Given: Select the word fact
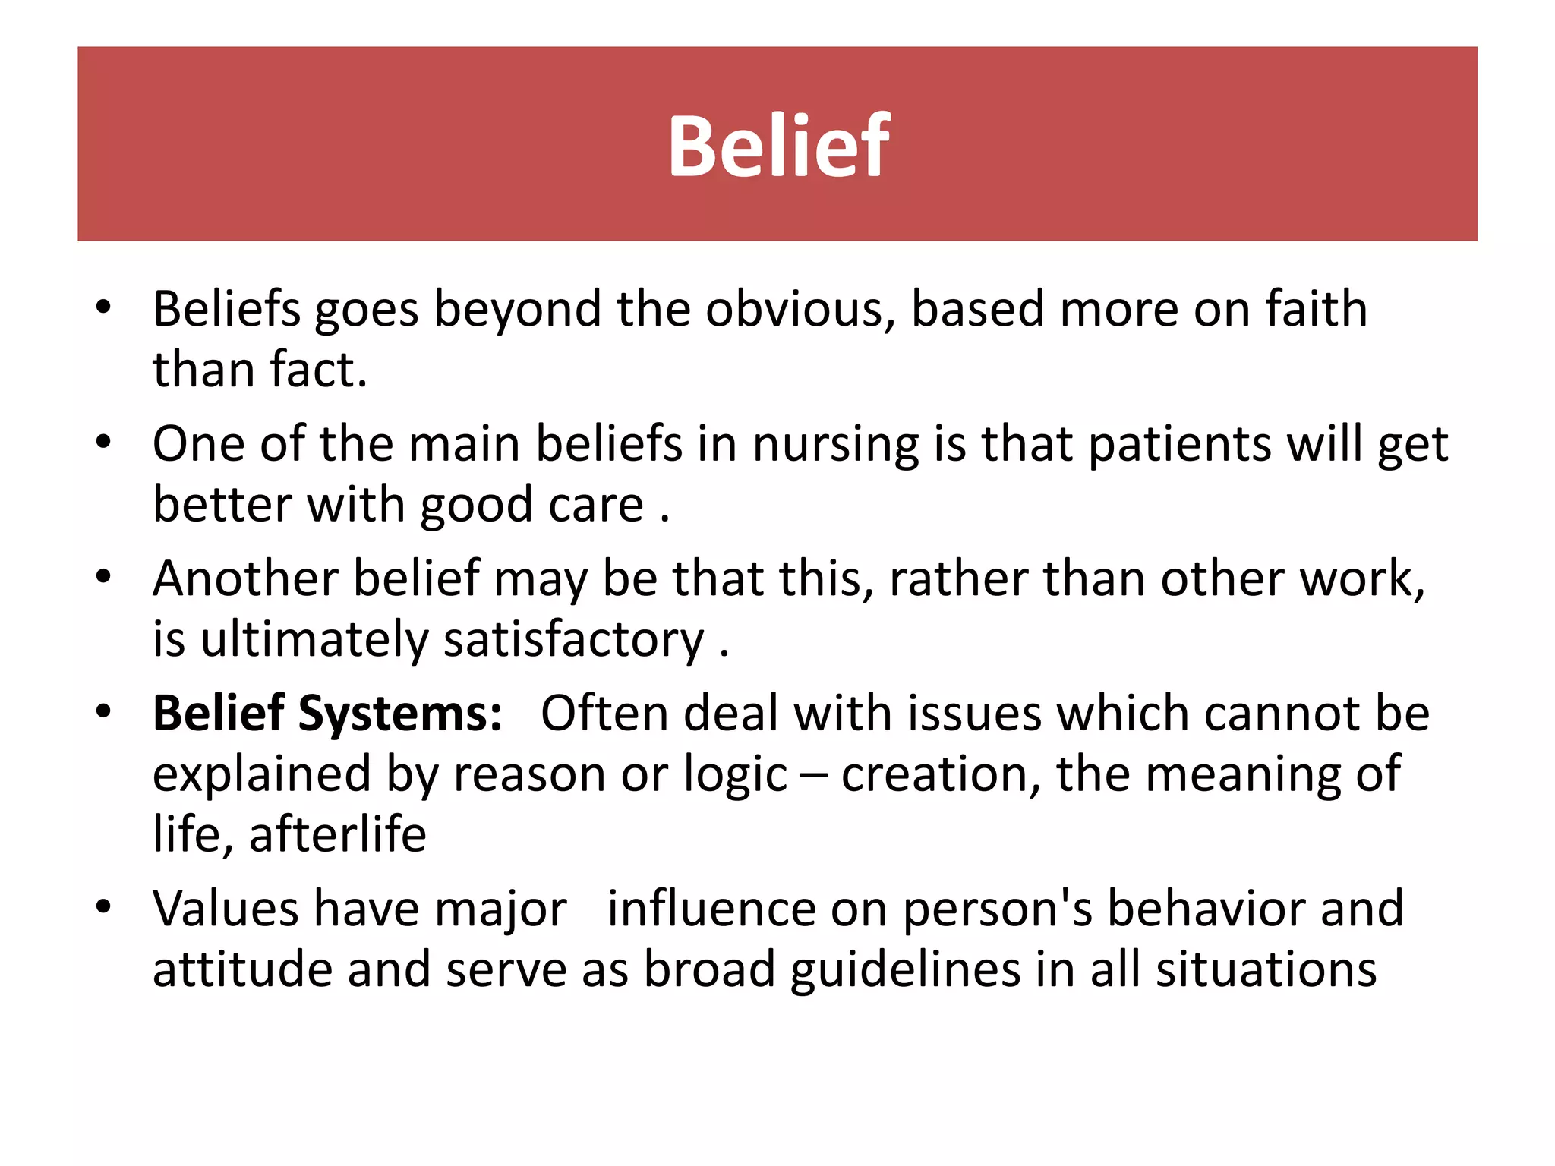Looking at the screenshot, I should click(318, 370).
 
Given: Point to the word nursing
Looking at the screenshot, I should click(836, 444).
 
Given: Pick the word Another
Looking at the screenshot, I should click(245, 578).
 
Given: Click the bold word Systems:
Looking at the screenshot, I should click(400, 714).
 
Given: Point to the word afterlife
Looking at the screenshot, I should click(337, 834).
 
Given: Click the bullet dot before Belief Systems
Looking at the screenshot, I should click(104, 712).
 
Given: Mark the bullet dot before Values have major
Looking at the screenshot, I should click(104, 906).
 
